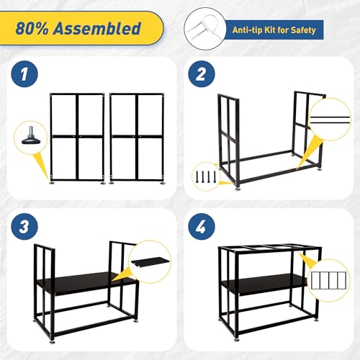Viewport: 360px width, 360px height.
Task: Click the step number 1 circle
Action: (24, 74)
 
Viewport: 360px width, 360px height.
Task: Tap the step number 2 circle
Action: (202, 74)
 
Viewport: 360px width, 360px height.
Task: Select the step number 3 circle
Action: (24, 226)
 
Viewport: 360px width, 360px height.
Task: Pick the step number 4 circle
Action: (202, 226)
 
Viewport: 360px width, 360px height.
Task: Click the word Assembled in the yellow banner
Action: (97, 28)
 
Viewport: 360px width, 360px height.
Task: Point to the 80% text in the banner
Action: (32, 28)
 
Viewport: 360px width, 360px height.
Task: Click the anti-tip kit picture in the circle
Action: (204, 29)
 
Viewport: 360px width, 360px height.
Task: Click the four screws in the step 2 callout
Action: (206, 176)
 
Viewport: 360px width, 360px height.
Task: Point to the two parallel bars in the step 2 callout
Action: (330, 120)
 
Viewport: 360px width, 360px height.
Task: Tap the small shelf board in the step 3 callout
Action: (150, 262)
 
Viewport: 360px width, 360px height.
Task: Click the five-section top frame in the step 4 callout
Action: (328, 280)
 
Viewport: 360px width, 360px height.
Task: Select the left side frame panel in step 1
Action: (77, 137)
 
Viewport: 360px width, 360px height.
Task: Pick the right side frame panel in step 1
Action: (137, 137)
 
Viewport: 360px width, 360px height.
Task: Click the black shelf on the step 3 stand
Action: (86, 283)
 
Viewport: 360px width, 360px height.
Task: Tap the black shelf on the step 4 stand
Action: (264, 284)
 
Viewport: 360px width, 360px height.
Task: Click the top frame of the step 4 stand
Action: (270, 250)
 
